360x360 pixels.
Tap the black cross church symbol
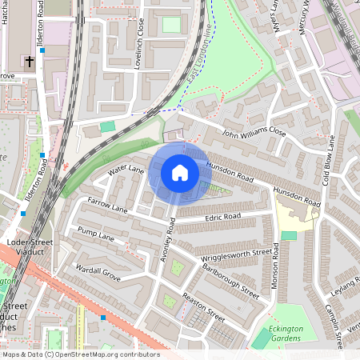[29, 60]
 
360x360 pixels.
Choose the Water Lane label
[126, 170]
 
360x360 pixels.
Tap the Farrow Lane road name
[107, 206]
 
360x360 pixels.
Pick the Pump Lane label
[97, 234]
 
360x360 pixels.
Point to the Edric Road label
[222, 217]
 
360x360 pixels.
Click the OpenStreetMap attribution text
[80, 354]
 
